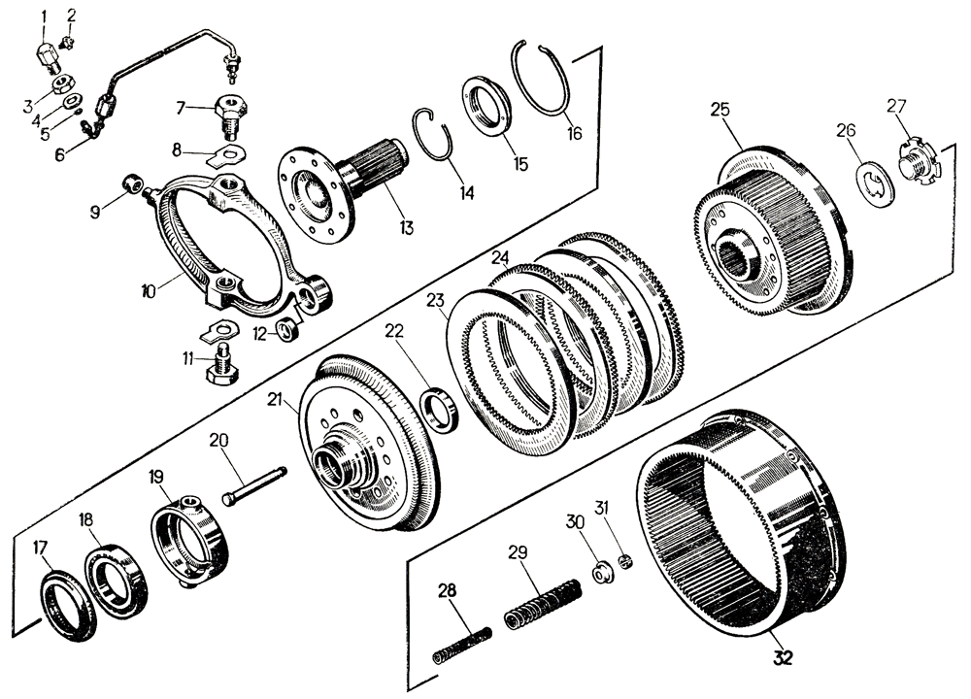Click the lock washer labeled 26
pyautogui.click(x=877, y=185)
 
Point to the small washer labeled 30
pyautogui.click(x=600, y=574)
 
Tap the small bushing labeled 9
pyautogui.click(x=134, y=183)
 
